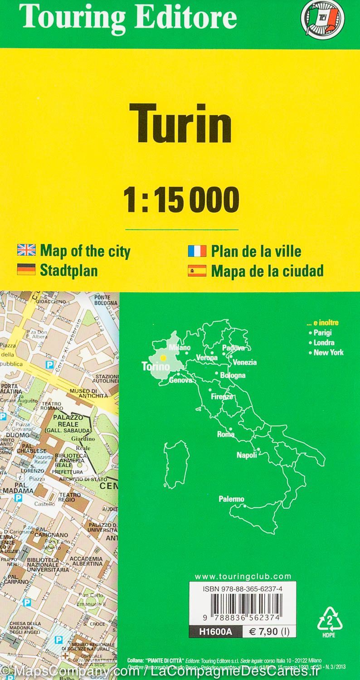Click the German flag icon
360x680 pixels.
26,271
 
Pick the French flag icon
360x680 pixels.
197,251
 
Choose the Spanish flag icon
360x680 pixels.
197,271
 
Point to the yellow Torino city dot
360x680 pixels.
163,358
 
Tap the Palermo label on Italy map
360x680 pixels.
231,499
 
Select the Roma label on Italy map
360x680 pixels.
225,434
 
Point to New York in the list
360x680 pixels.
328,352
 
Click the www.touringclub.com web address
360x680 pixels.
243,576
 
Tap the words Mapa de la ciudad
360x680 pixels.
267,271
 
